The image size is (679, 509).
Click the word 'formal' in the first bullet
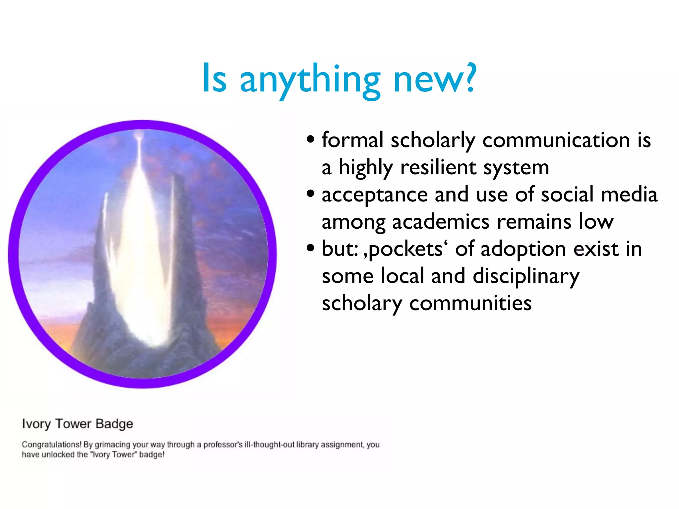(353, 140)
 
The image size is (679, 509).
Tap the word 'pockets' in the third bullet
(405, 250)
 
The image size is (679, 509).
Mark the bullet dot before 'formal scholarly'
(310, 139)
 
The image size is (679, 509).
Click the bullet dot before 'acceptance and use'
(310, 194)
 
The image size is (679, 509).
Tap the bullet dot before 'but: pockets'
(310, 248)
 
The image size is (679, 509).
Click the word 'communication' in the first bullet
(556, 140)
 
